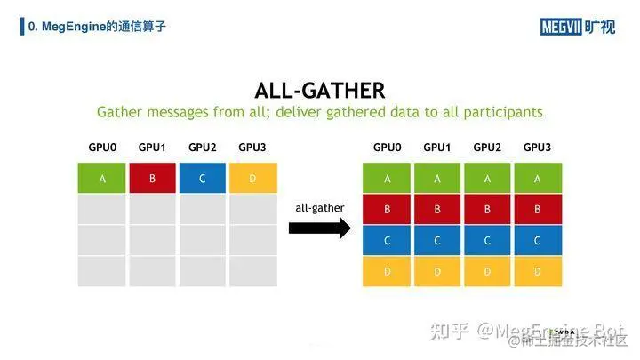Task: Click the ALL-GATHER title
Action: tap(319, 90)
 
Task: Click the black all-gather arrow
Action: tap(320, 228)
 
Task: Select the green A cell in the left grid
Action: tap(102, 179)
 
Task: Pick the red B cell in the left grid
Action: tap(152, 179)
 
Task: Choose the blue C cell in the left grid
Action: tap(203, 179)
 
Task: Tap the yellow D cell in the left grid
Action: tap(252, 179)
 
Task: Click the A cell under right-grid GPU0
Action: tap(387, 179)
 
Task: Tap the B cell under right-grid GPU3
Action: tap(538, 210)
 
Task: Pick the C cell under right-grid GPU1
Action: tap(437, 240)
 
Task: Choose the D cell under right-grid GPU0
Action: tap(387, 271)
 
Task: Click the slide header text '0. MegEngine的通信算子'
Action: tap(98, 27)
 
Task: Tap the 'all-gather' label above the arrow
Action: tap(320, 207)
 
